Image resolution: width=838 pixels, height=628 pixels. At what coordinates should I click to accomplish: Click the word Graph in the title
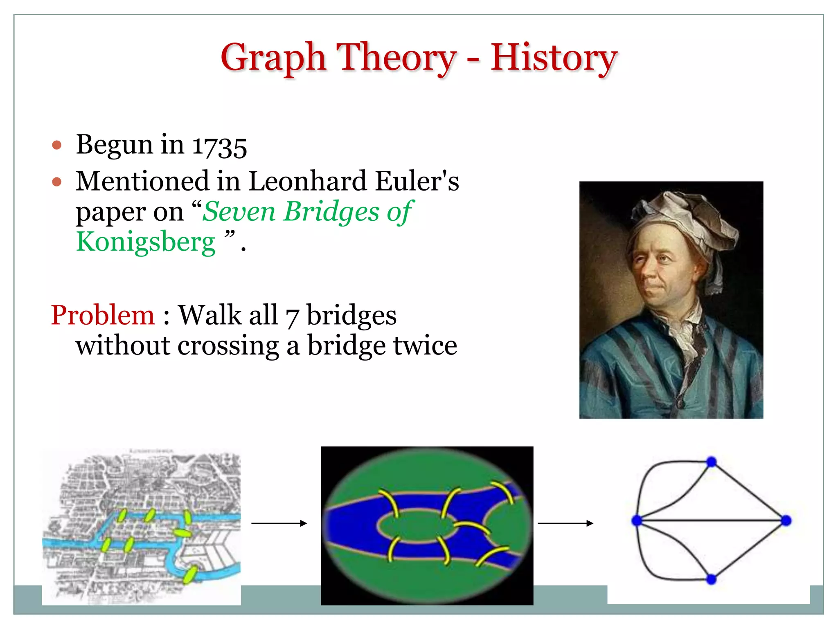273,58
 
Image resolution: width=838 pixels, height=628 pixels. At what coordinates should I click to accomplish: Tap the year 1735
219,146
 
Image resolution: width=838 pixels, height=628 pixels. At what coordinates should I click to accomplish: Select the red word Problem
103,316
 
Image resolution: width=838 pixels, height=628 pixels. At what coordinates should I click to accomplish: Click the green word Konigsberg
146,242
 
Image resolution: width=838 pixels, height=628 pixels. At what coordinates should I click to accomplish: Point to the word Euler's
417,181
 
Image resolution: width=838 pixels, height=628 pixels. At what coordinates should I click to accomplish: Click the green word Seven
239,212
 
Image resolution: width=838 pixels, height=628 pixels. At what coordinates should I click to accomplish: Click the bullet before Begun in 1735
57,145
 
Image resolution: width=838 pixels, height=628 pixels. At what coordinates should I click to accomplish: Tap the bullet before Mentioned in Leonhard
57,182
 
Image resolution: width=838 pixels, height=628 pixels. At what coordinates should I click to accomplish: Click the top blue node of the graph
712,462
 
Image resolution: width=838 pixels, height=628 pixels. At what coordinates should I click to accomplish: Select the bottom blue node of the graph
711,579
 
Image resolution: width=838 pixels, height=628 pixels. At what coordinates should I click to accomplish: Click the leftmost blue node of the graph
637,520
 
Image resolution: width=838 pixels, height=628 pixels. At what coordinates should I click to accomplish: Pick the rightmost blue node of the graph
786,520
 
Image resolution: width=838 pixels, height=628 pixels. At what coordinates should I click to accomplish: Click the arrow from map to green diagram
279,523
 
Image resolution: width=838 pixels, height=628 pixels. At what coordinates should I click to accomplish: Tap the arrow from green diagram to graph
565,523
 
